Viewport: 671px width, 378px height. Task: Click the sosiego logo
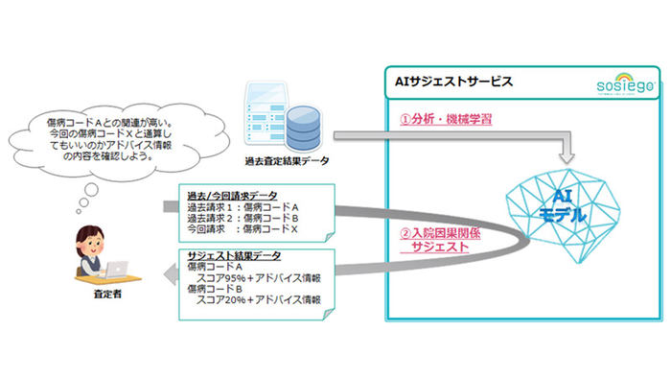point(623,86)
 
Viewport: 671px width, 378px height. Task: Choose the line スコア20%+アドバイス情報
point(258,300)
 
